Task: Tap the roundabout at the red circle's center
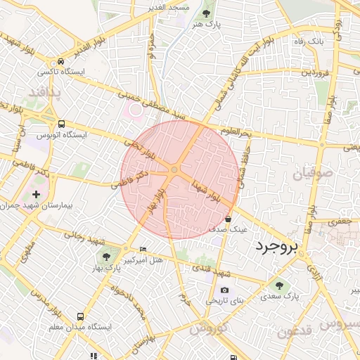coord(174,169)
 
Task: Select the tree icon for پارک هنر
coord(205,13)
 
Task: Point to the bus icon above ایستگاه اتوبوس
coord(62,123)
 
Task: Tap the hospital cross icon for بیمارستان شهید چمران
coord(36,194)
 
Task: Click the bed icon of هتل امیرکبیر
coord(143,249)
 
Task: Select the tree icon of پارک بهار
coord(106,257)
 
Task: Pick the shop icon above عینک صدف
coord(229,219)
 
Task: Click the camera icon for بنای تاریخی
coord(224,290)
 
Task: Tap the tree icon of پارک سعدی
coord(280,285)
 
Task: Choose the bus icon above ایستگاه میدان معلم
coord(81,317)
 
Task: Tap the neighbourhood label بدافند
coord(46,92)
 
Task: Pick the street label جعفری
coord(340,221)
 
